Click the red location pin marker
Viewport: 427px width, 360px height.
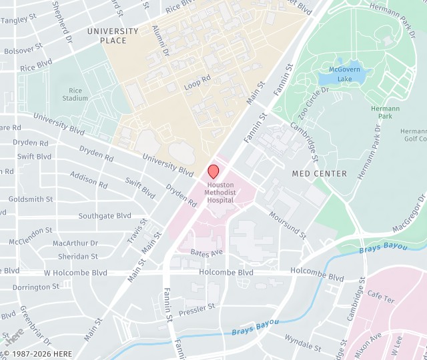213,171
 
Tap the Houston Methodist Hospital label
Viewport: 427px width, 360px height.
220,192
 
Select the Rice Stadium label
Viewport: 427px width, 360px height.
75,94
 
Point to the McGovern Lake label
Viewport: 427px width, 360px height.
344,74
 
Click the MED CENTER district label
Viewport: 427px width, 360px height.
320,173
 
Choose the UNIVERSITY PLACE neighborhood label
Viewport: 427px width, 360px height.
113,36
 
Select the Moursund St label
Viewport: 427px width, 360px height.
288,225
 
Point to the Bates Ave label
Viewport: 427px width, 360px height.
207,253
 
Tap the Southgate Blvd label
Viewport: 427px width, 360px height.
105,216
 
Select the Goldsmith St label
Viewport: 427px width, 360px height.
31,199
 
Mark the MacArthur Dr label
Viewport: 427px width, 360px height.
75,243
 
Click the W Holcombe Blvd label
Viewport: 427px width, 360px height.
75,273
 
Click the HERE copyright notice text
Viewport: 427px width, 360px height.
37,354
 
